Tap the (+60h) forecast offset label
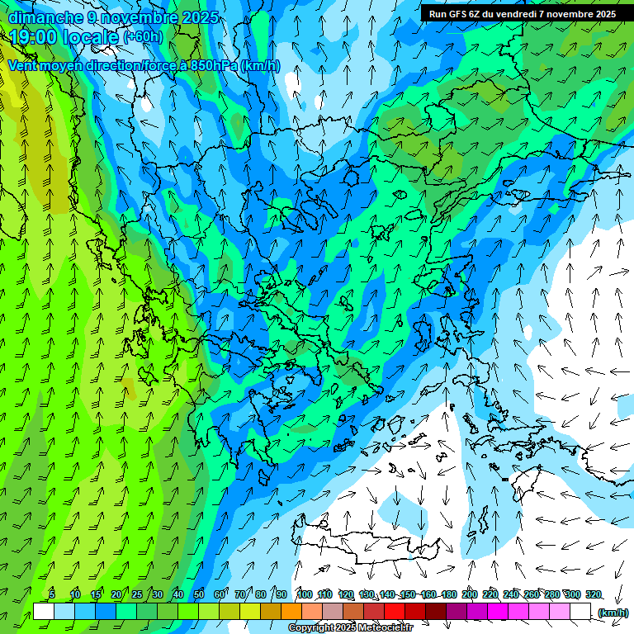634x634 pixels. (x=143, y=37)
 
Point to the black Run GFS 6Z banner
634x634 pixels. (x=522, y=13)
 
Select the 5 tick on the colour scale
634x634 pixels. (x=51, y=595)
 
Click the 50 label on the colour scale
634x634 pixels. (x=199, y=595)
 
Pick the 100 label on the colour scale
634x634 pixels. (x=305, y=595)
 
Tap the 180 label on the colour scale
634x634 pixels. (x=449, y=595)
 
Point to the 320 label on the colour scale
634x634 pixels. (x=594, y=595)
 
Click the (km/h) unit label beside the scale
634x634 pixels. (x=613, y=613)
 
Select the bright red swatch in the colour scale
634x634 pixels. (x=395, y=612)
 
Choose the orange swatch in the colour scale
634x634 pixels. (x=291, y=612)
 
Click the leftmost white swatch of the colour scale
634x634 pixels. (x=44, y=612)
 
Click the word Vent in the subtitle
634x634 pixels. (x=22, y=66)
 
